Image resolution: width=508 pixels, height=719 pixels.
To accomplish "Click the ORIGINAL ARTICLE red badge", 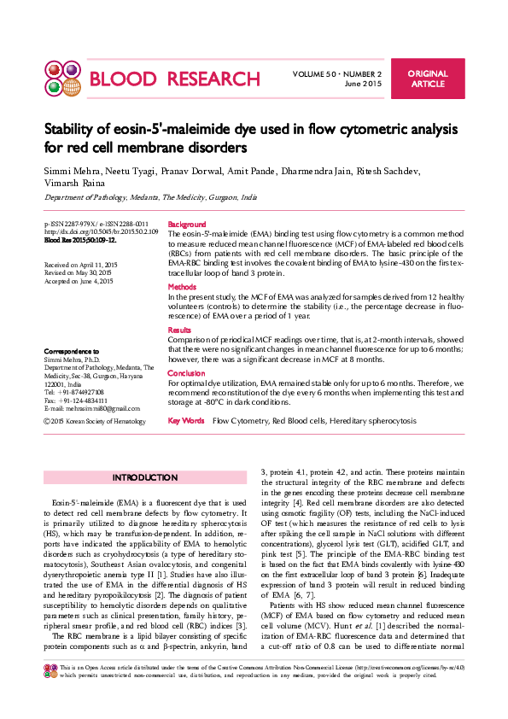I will click(x=428, y=79).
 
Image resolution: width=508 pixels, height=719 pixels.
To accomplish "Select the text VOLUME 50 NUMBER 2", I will click(x=336, y=74).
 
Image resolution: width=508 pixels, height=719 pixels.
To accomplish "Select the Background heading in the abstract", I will click(x=186, y=223).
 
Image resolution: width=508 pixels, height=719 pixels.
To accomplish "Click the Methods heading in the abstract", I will click(x=182, y=287).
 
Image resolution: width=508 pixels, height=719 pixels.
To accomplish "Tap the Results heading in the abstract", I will click(x=179, y=330).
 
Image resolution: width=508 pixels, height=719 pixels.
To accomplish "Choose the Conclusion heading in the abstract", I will click(x=186, y=373).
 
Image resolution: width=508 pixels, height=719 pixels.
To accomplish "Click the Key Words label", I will click(x=186, y=421).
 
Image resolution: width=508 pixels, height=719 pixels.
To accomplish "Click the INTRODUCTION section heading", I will click(x=145, y=477).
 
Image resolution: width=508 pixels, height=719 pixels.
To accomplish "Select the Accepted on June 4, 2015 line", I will click(x=79, y=281).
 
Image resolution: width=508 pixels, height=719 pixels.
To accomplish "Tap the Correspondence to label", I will click(x=71, y=351).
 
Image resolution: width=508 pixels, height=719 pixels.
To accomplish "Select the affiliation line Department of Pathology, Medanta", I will click(x=150, y=197).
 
